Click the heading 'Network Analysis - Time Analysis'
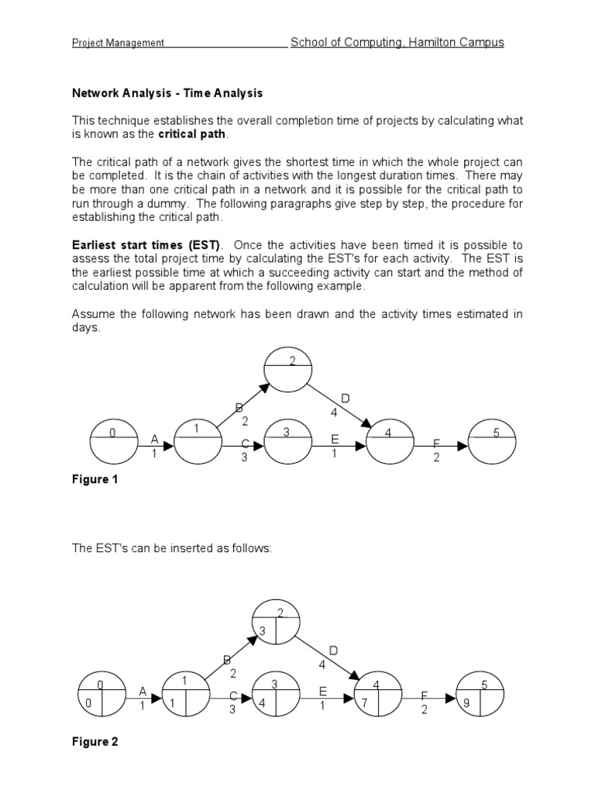(167, 93)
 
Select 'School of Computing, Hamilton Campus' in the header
(397, 43)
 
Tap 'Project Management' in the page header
(118, 43)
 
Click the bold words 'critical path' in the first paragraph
(192, 134)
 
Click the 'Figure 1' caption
(95, 479)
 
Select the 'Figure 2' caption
(95, 742)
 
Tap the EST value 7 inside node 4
(365, 704)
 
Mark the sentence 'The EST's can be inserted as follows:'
(172, 548)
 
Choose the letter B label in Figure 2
(227, 659)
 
